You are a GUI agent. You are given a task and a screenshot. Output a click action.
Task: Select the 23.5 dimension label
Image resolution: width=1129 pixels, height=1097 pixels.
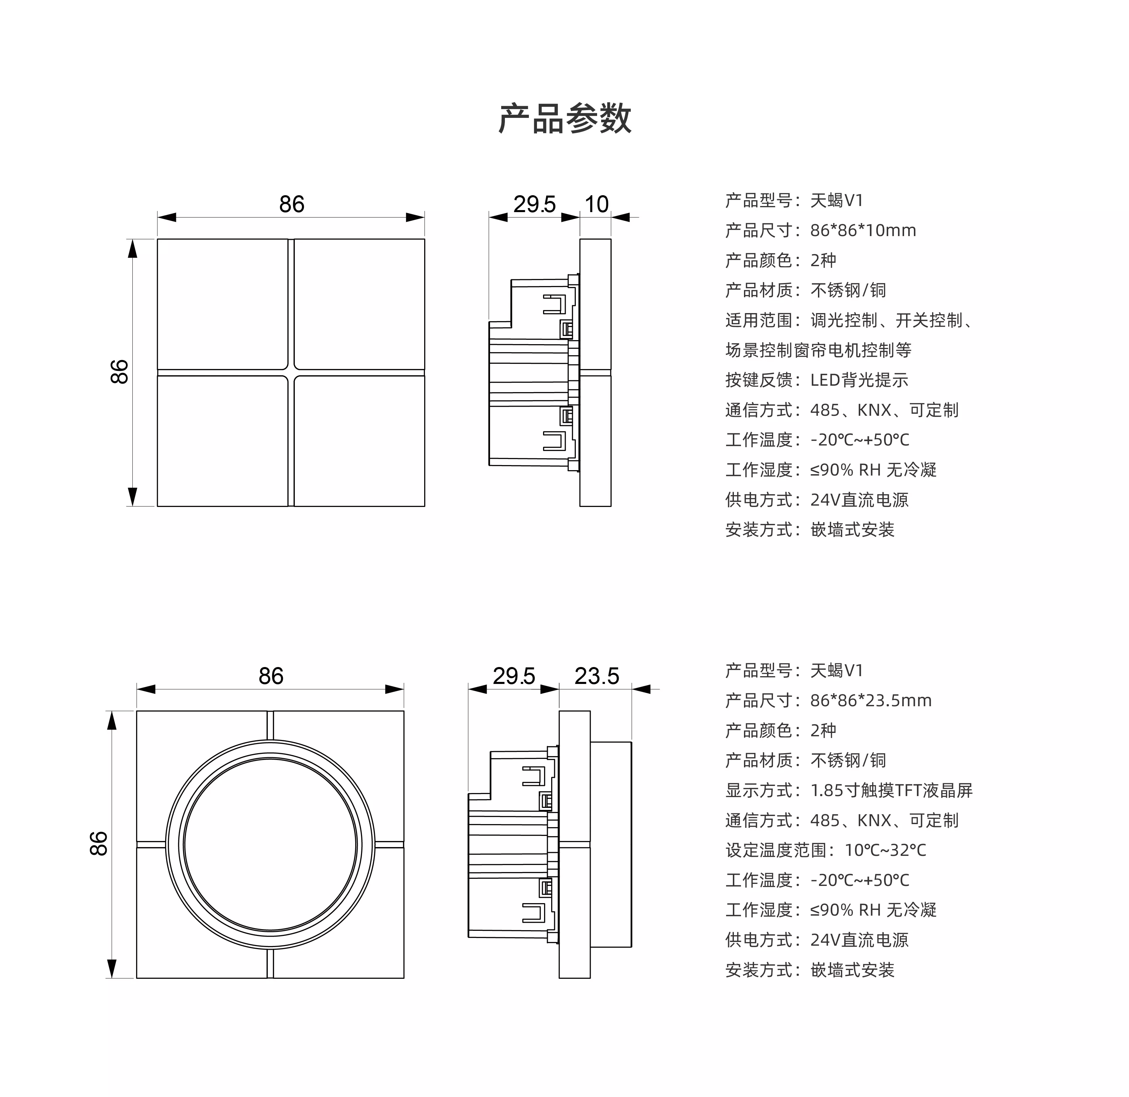point(597,676)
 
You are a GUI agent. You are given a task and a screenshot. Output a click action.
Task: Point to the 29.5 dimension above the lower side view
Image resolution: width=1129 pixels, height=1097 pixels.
point(514,676)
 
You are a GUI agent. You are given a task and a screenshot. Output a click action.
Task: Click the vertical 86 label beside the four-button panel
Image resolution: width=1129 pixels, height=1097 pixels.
point(119,372)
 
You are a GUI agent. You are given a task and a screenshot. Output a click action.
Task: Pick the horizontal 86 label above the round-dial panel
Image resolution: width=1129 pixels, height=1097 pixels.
point(271,676)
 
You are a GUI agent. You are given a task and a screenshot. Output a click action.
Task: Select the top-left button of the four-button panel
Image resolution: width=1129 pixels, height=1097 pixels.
point(222,304)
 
